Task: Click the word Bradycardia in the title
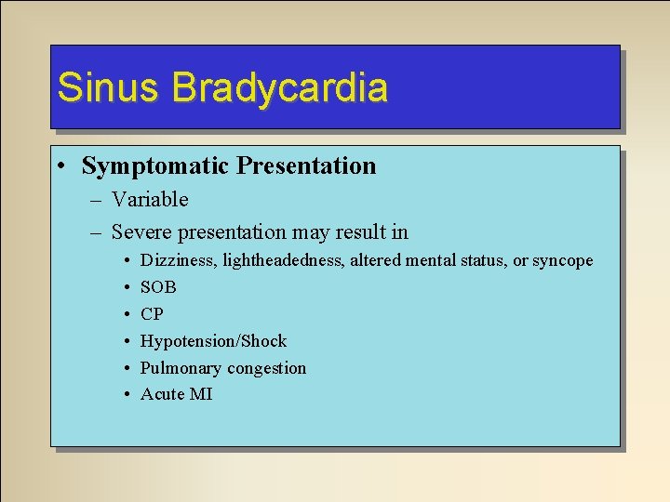point(280,87)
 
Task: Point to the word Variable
point(150,200)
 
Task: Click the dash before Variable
point(97,201)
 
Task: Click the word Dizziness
point(178,261)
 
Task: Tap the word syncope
point(562,261)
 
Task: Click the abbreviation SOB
point(158,288)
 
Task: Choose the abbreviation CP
point(152,314)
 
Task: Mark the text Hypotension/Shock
point(213,341)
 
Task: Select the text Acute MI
point(176,394)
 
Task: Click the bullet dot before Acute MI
point(125,395)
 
